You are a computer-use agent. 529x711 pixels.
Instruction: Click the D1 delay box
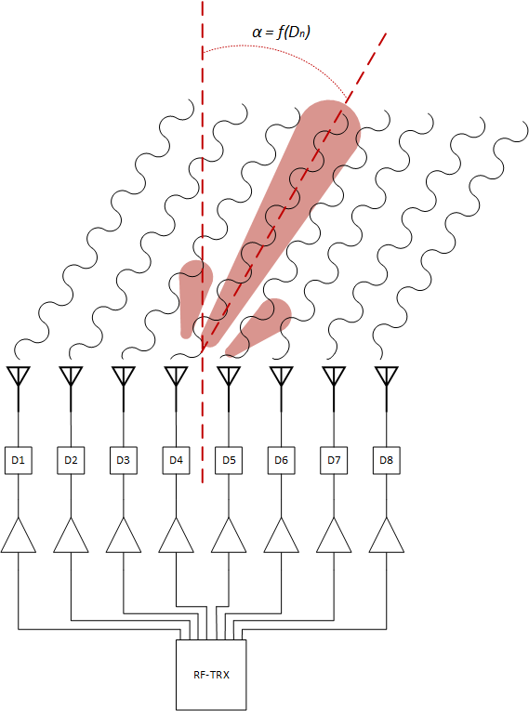click(x=19, y=460)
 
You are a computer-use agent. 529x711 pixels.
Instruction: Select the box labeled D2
click(x=71, y=460)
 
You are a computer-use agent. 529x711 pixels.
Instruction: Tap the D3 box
click(x=124, y=460)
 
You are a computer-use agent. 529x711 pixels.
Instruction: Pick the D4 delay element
click(x=176, y=460)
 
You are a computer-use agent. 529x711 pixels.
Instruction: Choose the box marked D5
click(x=229, y=460)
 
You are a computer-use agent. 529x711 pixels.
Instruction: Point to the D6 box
click(x=282, y=460)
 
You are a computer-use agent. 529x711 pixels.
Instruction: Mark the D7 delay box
click(x=334, y=460)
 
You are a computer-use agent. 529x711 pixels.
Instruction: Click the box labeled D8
click(x=387, y=460)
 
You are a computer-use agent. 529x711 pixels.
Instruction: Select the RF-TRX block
click(x=211, y=675)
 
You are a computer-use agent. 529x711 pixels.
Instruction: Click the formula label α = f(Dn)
click(x=282, y=33)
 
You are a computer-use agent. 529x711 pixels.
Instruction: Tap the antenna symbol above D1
click(x=19, y=388)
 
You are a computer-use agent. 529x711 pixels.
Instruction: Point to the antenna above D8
click(x=387, y=388)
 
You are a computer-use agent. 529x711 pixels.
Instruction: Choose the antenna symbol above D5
click(x=229, y=388)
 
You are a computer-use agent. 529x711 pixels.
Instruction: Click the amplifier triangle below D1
click(x=19, y=537)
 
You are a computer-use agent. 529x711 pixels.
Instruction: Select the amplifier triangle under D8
click(x=387, y=537)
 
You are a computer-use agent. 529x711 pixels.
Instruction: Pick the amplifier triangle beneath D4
click(x=176, y=537)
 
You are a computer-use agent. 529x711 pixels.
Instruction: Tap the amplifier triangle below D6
click(x=282, y=537)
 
